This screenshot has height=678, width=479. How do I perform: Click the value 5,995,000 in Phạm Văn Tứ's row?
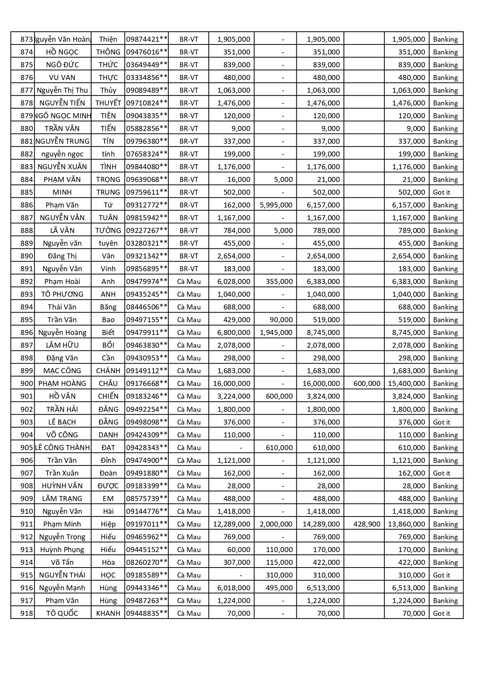[276, 205]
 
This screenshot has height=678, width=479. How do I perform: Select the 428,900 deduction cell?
[367, 524]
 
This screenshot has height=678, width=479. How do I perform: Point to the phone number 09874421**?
[147, 39]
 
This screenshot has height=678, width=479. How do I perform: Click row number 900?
[27, 384]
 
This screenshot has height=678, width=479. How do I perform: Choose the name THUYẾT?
[108, 103]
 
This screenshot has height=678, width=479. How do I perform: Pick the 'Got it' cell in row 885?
[442, 192]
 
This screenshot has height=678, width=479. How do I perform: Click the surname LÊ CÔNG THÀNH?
[62, 448]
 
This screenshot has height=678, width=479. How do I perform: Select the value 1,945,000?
[276, 333]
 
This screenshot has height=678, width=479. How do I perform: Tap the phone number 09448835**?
[147, 613]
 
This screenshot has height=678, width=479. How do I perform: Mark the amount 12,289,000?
[232, 524]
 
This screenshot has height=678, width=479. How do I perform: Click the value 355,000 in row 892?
[279, 282]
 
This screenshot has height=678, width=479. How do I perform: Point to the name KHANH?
[108, 613]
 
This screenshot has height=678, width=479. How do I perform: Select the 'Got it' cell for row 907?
[442, 473]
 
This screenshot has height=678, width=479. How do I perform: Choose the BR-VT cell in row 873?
[189, 39]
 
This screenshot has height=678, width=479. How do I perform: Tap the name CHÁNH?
[108, 371]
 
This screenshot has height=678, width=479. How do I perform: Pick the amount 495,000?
[279, 588]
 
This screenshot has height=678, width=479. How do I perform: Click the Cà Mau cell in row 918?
[189, 613]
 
